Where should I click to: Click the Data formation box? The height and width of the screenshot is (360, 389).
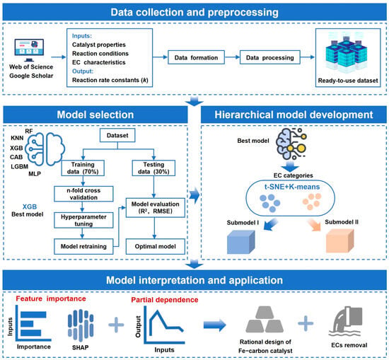click(196, 57)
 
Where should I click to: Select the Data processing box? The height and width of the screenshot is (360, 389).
click(270, 57)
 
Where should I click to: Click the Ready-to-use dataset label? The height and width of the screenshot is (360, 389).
click(348, 81)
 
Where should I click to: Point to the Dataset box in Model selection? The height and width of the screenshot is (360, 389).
click(117, 135)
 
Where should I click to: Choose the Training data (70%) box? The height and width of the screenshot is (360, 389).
click(83, 168)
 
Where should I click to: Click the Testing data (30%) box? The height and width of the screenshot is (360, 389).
click(153, 168)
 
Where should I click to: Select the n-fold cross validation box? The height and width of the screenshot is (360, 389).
click(83, 194)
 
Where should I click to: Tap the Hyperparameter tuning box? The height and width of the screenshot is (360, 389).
click(83, 220)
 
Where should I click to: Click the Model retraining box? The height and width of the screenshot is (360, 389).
click(83, 246)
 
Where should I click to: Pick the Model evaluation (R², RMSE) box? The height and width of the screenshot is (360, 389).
click(156, 208)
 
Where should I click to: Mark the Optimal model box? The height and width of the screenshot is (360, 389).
click(156, 246)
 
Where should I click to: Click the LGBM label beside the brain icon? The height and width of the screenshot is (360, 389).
click(19, 166)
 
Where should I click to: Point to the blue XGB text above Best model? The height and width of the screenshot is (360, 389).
click(30, 207)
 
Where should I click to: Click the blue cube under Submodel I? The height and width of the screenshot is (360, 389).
click(241, 242)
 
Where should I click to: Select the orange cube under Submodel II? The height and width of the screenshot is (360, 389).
click(339, 240)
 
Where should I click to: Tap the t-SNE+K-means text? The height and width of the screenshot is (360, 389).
click(292, 187)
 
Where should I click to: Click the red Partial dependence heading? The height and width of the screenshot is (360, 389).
click(165, 300)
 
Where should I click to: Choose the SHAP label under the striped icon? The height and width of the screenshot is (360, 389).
click(80, 347)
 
